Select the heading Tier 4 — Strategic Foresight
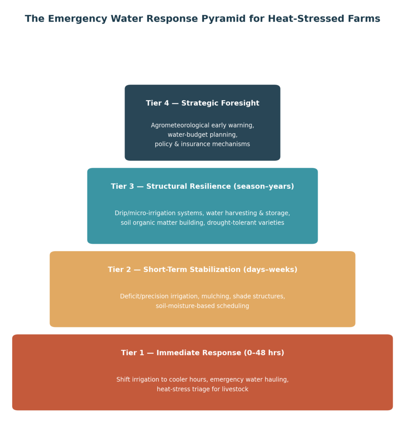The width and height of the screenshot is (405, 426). (202, 103)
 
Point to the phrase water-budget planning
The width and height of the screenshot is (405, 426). (202, 135)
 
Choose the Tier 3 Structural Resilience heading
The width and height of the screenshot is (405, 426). (202, 186)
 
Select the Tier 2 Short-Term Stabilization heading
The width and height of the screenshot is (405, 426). (202, 270)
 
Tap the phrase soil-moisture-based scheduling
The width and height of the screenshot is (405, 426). (202, 306)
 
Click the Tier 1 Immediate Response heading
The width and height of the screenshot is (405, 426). (202, 353)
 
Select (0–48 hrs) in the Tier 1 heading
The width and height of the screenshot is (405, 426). (264, 353)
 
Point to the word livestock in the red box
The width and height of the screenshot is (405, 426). (235, 389)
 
